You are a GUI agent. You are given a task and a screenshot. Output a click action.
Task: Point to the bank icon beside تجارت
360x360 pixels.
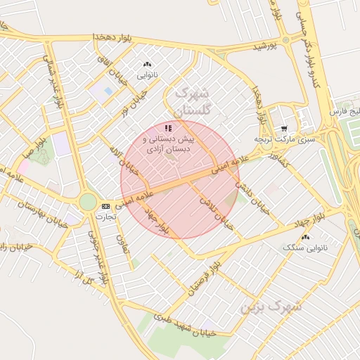click(105, 206)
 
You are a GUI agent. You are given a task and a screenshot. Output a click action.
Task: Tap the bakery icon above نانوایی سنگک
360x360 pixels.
click(304, 238)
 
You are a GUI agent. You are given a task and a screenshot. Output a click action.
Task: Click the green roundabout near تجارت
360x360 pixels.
click(88, 202)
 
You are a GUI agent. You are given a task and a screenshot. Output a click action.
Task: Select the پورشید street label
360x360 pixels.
click(272, 46)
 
